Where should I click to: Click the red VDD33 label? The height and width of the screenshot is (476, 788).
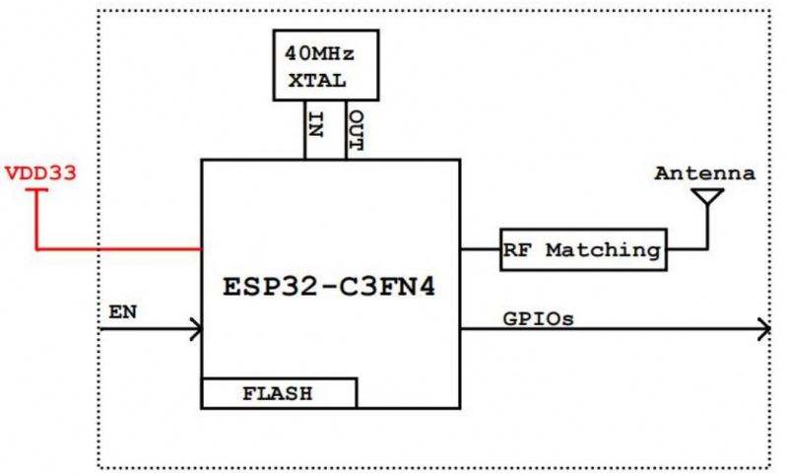click(41, 172)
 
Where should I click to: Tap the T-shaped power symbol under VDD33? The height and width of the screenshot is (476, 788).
click(36, 194)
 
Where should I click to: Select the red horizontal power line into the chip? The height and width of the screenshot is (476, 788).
click(118, 249)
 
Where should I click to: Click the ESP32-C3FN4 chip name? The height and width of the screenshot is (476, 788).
click(330, 292)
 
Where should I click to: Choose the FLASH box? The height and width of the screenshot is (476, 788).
click(279, 393)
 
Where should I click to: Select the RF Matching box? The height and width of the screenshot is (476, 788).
click(581, 249)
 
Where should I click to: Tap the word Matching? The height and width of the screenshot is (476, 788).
click(603, 250)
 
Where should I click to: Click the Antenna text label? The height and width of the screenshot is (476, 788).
click(705, 174)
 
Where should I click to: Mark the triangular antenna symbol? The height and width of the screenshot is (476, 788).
click(706, 197)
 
